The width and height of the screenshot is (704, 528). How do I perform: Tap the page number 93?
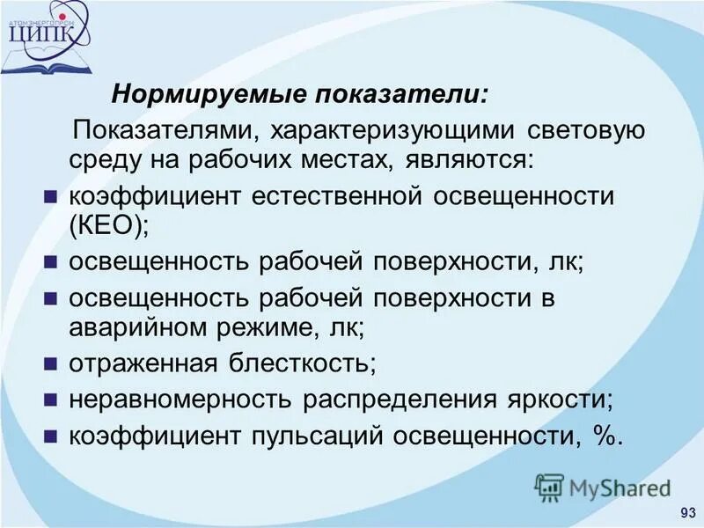click(x=687, y=513)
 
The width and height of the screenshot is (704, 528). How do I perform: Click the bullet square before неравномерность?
click(x=51, y=399)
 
